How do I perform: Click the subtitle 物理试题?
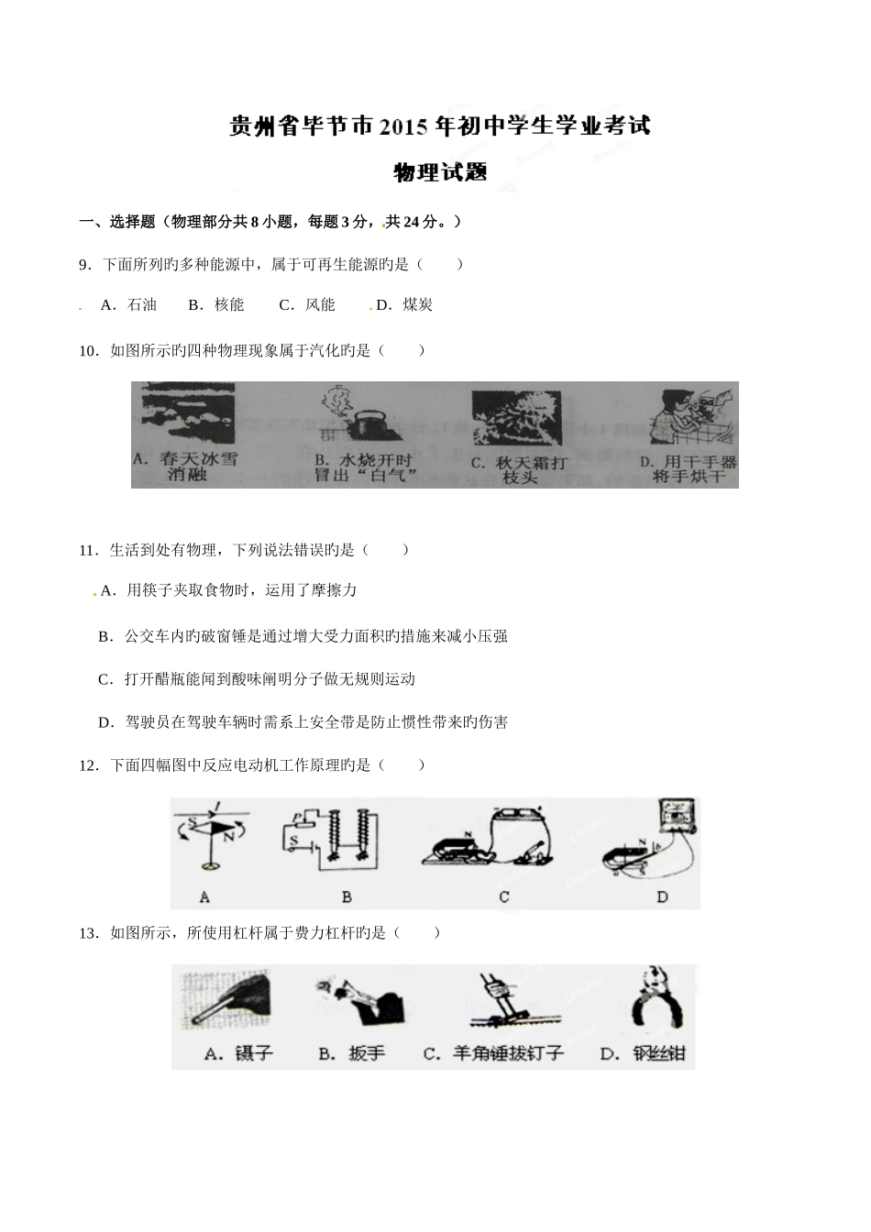click(439, 172)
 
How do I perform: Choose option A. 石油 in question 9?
click(128, 305)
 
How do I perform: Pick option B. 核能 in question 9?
click(216, 305)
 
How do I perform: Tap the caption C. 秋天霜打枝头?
click(518, 470)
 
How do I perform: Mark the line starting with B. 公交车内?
click(303, 636)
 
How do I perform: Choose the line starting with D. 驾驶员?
click(303, 722)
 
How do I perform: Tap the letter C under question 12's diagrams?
click(504, 896)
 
